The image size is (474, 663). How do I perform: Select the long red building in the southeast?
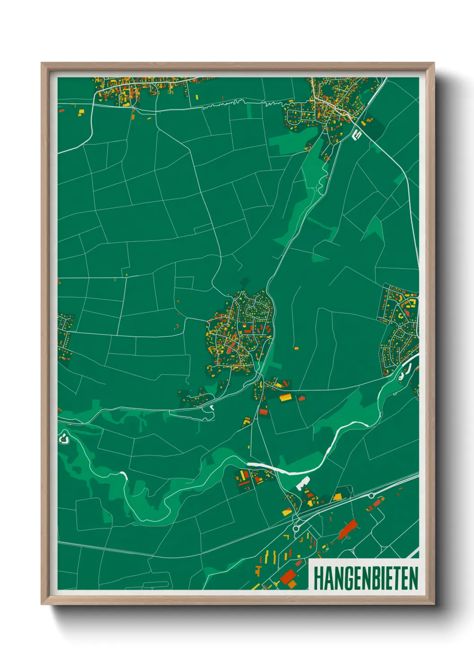[x=348, y=530]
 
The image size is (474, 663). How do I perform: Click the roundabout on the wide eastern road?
[x=371, y=495]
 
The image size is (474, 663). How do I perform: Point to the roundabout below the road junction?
[x=296, y=529]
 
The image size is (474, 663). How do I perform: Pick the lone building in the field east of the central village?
[x=296, y=348]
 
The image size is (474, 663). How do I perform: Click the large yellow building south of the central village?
[x=285, y=397]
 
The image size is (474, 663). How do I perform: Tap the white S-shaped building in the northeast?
[x=357, y=133]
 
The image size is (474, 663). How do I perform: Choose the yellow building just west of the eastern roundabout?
[x=337, y=496]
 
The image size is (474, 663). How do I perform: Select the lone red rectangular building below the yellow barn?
[x=263, y=411]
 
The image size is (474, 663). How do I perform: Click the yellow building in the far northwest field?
[x=81, y=112]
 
